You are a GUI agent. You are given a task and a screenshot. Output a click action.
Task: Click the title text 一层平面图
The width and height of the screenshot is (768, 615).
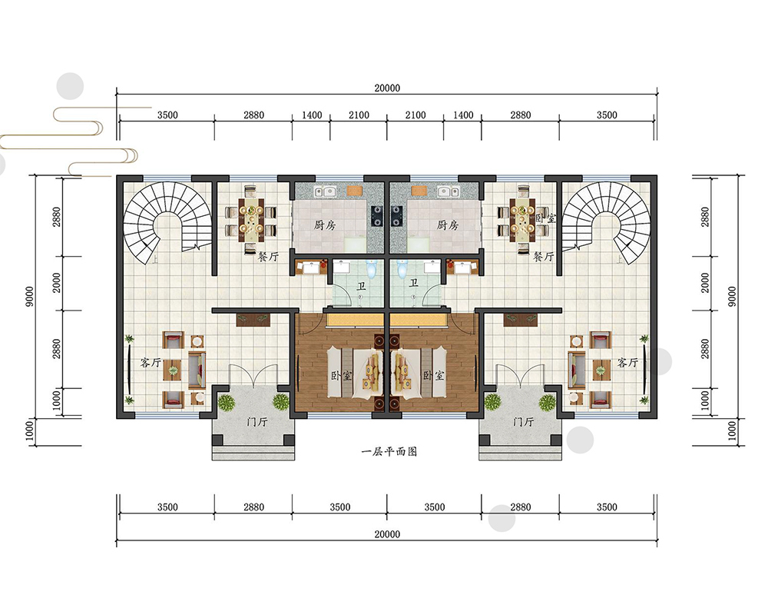click(389, 452)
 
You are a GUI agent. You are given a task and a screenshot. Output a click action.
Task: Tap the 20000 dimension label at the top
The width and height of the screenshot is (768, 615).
click(387, 88)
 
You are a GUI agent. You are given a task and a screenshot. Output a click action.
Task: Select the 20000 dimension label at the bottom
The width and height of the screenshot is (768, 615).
click(387, 534)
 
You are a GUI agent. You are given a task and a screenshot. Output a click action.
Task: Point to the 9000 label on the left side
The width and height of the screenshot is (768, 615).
click(30, 296)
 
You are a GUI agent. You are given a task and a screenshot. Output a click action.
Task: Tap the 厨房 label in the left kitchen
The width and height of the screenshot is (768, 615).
click(325, 225)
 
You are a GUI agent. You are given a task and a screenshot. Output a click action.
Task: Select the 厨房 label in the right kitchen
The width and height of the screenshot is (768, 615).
click(448, 225)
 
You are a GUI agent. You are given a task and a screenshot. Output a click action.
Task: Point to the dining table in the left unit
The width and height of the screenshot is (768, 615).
click(251, 220)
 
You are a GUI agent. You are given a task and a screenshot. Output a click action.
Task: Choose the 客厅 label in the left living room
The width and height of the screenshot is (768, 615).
click(151, 362)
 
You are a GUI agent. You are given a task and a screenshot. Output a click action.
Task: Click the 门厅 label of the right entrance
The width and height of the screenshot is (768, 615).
click(523, 421)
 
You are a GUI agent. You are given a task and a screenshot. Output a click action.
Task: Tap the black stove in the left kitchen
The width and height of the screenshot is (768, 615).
click(376, 216)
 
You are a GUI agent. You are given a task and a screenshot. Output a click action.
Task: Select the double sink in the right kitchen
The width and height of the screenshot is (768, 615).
click(449, 191)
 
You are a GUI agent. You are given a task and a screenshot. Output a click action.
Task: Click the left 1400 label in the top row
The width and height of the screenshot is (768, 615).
click(312, 115)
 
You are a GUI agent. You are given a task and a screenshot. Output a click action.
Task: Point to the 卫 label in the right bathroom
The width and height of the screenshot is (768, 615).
click(414, 283)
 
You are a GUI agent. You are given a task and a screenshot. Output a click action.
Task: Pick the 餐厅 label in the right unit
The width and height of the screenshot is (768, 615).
click(544, 256)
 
